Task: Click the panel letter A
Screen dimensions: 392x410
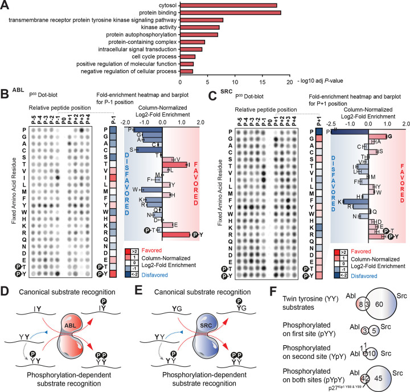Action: tap(5, 5)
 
